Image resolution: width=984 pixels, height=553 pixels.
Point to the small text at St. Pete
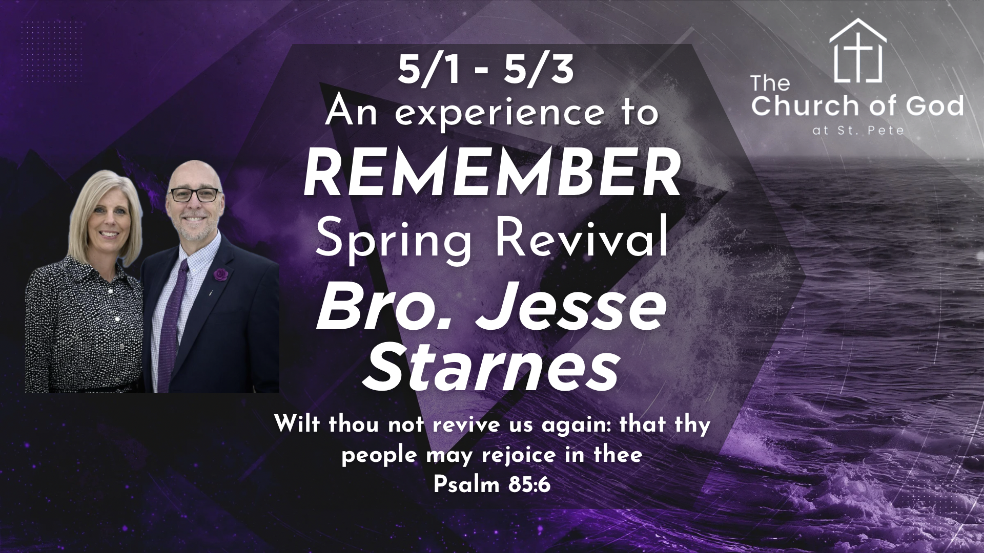(858, 131)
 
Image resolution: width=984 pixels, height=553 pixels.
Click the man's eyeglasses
(194, 195)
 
